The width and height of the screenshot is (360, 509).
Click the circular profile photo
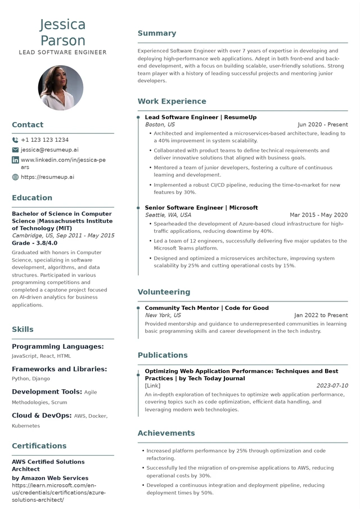[x=61, y=88]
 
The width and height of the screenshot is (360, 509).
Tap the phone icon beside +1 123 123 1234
[x=15, y=140]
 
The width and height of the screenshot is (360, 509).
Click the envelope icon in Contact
[x=15, y=150]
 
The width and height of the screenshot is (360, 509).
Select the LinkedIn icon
[x=15, y=160]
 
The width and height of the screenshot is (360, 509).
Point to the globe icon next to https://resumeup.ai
[x=15, y=177]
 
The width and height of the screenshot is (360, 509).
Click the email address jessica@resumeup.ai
[x=49, y=150]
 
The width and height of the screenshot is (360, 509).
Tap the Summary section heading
[x=157, y=33]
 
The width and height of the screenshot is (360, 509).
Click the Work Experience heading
[x=172, y=101]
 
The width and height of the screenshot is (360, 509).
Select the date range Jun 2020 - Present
[x=322, y=125]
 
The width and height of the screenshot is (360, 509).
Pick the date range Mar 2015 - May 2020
[x=318, y=215]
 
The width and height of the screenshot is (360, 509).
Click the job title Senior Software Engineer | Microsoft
[x=201, y=208]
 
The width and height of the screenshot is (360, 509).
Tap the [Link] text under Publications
[x=152, y=386]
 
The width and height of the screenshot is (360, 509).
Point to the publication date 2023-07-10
[x=332, y=386]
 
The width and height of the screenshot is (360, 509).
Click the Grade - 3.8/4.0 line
[x=35, y=243]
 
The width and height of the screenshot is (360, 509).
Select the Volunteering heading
[x=164, y=292]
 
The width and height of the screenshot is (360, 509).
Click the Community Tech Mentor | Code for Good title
[x=206, y=308]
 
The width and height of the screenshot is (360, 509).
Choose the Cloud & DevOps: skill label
[x=42, y=416]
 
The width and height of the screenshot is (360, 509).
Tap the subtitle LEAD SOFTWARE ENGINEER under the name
[x=62, y=52]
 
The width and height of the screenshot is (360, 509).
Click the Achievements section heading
[x=166, y=433]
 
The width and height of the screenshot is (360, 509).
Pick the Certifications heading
[x=39, y=446]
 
